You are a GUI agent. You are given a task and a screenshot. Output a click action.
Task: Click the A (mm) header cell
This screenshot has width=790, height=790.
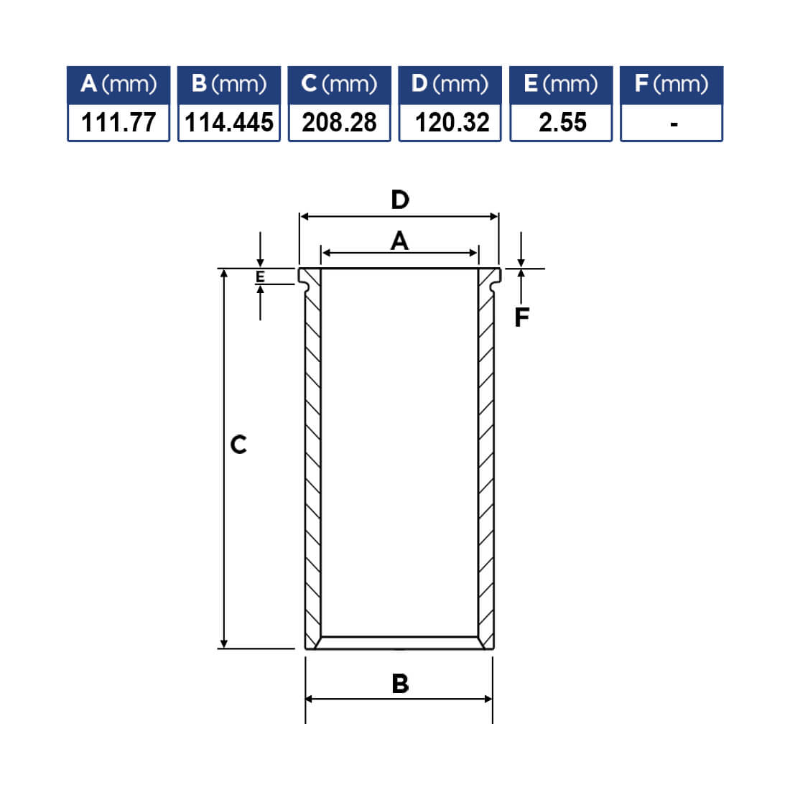tap(118, 85)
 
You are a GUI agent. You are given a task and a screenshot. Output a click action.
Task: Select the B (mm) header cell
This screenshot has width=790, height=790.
tap(229, 85)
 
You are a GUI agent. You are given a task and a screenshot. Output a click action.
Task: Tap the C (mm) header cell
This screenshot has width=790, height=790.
tap(340, 85)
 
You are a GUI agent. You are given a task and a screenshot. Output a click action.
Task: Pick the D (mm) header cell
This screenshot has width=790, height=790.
tap(450, 85)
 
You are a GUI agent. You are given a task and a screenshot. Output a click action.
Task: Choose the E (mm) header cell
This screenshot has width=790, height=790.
tap(561, 85)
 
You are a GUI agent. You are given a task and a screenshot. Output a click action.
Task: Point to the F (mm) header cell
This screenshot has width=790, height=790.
tap(671, 85)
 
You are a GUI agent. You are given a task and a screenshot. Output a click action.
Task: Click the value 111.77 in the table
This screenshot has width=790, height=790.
tap(118, 122)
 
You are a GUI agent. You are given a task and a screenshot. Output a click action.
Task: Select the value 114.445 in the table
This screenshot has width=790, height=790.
tap(229, 122)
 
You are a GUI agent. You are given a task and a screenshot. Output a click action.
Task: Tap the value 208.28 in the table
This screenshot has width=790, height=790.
tap(340, 122)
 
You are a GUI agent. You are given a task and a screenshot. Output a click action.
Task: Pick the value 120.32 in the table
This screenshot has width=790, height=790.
tap(452, 122)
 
